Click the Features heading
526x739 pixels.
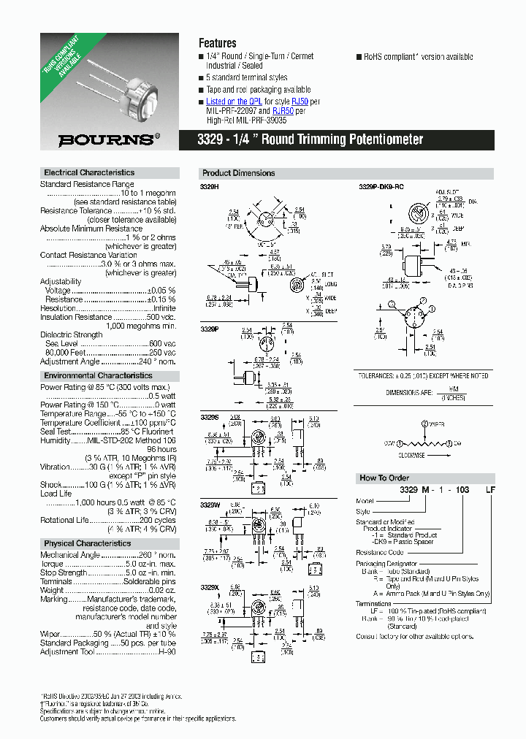pyautogui.click(x=218, y=43)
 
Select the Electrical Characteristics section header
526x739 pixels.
pyautogui.click(x=89, y=172)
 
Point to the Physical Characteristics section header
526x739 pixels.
pyautogui.click(x=87, y=543)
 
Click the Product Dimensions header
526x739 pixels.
pyautogui.click(x=238, y=173)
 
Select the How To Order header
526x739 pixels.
pyautogui.click(x=384, y=478)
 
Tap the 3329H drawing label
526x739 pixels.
pyautogui.click(x=209, y=187)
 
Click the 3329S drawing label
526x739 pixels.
pyautogui.click(x=209, y=416)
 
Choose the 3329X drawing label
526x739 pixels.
pyautogui.click(x=210, y=586)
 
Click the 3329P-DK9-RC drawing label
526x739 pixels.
pyautogui.click(x=382, y=187)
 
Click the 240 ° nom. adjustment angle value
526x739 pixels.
pyautogui.click(x=159, y=361)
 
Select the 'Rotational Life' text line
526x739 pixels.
pyautogui.click(x=64, y=520)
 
